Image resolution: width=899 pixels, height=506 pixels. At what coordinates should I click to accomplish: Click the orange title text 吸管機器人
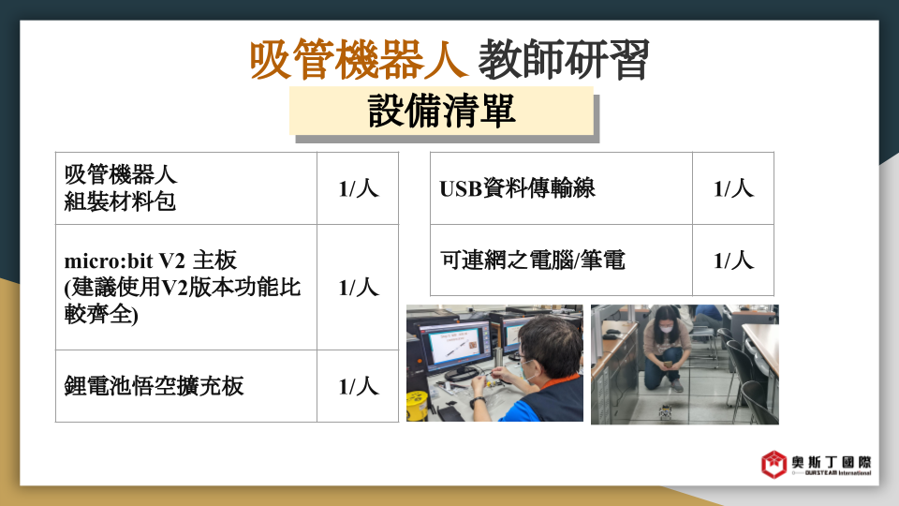point(358,60)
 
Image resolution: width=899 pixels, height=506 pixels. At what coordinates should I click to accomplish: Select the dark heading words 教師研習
point(564,60)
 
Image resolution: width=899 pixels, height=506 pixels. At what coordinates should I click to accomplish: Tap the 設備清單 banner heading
point(441,111)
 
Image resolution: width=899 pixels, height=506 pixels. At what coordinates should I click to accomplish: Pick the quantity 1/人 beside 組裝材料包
point(359,188)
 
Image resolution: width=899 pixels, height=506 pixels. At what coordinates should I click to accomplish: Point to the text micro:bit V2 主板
point(150,260)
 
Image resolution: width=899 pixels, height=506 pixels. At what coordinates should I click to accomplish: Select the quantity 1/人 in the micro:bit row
point(359,288)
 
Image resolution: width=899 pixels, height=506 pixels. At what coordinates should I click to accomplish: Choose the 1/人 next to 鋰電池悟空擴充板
point(359,386)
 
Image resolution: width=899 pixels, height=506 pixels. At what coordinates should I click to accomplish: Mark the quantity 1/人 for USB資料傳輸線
point(733,188)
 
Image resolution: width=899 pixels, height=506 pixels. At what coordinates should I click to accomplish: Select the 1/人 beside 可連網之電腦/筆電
point(733,260)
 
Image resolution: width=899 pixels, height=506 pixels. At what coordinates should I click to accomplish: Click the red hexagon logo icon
point(774,464)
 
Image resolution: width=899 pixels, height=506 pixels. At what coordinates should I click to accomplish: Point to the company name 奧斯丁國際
point(832,462)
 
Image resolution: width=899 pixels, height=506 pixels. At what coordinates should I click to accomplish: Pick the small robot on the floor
point(666,411)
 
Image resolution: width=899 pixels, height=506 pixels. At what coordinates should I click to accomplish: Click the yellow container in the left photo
point(417,406)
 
